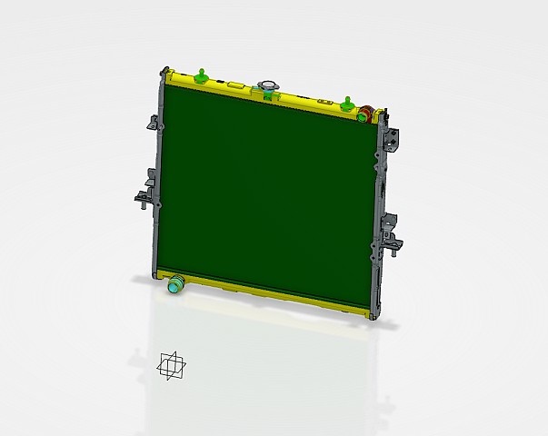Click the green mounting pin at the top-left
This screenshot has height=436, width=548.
(x=199, y=74)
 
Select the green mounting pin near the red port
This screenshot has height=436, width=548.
(x=347, y=102)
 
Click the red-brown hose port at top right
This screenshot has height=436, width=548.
(x=364, y=114)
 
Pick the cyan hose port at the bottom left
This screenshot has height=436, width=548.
(x=174, y=284)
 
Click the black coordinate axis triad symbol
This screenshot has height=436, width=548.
(x=171, y=365)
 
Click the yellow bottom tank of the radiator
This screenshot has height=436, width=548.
(x=273, y=298)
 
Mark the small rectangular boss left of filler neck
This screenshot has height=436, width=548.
(x=235, y=84)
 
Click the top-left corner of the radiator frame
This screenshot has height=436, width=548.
(x=165, y=71)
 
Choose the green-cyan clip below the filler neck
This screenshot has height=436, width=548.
(x=269, y=95)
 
